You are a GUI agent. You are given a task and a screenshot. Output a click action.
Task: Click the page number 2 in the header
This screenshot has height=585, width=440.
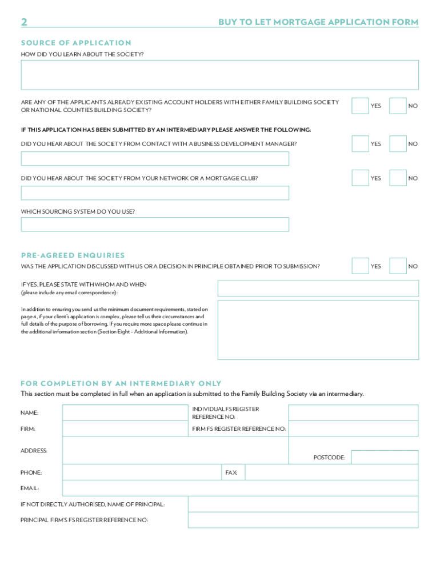click(24, 22)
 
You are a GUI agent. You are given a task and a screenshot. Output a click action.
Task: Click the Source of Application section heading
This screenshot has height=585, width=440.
click(76, 43)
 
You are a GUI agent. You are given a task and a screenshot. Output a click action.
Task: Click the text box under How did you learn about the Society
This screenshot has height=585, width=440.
click(219, 75)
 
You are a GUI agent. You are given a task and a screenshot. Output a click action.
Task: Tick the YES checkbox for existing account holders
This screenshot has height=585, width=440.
click(360, 106)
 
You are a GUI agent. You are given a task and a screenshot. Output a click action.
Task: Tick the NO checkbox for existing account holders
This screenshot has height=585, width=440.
click(398, 106)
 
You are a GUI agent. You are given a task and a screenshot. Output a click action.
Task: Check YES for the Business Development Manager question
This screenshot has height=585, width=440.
click(360, 144)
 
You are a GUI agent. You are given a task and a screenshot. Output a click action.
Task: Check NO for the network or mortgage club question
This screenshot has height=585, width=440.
click(398, 178)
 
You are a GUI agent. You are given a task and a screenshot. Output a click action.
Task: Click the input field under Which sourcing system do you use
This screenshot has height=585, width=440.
click(155, 225)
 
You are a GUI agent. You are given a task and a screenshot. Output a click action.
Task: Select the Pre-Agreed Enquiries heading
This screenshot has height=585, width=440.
click(73, 255)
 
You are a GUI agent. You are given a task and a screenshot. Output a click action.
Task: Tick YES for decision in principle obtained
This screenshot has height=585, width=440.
click(360, 266)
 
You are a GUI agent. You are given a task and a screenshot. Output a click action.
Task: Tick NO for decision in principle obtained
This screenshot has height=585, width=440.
click(398, 266)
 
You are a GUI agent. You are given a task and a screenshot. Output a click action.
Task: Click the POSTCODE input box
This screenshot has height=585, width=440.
click(384, 457)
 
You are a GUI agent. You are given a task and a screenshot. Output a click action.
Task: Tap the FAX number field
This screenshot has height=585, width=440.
click(331, 472)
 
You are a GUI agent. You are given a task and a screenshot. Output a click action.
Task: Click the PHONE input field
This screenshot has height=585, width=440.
click(142, 472)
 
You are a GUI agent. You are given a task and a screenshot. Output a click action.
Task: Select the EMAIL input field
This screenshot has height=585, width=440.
click(240, 488)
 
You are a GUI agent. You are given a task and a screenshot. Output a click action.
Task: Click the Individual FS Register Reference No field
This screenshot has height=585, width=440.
click(353, 412)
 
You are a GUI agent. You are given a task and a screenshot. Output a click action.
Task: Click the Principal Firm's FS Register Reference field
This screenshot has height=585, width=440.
click(303, 520)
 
